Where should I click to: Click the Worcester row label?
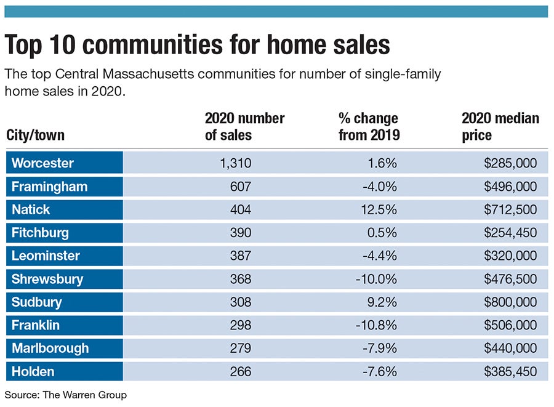click(x=42, y=163)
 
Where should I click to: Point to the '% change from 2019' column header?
click(x=369, y=126)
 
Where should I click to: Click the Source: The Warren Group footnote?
click(x=65, y=395)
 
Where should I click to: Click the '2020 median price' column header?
click(x=500, y=126)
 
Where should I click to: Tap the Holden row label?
click(x=33, y=371)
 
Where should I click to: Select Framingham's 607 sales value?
click(x=240, y=187)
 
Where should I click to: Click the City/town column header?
click(x=35, y=134)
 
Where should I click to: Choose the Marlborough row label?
click(x=50, y=349)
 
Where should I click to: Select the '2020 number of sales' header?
click(x=244, y=126)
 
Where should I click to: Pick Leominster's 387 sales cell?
click(x=240, y=256)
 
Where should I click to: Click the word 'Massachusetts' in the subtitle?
click(x=171, y=75)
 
